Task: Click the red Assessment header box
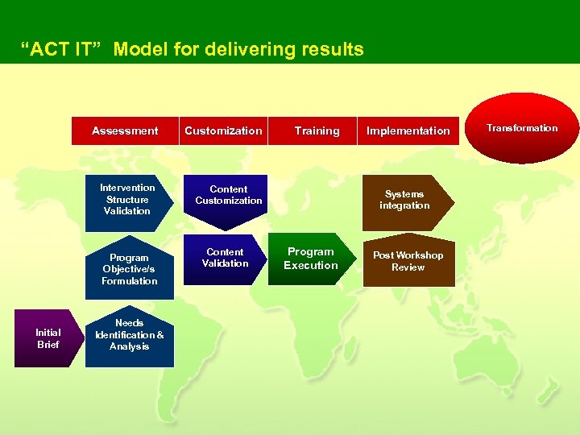(125, 130)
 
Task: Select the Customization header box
(223, 130)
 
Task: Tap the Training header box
(317, 130)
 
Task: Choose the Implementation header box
(408, 130)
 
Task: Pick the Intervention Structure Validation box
(127, 200)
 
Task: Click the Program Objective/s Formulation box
(129, 269)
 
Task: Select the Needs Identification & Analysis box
(129, 335)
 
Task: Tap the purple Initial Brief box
(48, 338)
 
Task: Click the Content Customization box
(228, 195)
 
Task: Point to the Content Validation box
(226, 258)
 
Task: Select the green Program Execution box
(310, 259)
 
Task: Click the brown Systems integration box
(404, 200)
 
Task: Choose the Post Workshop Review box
(408, 261)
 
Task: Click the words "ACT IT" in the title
(63, 49)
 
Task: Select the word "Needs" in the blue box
(130, 323)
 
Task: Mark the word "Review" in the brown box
(408, 267)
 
